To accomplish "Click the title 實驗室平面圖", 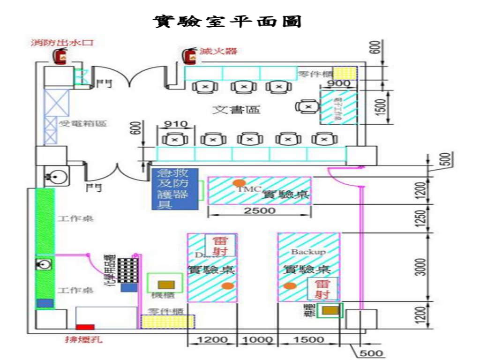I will pyautogui.click(x=227, y=21).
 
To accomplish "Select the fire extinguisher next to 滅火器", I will pyautogui.click(x=190, y=55).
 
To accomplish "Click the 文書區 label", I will pyautogui.click(x=236, y=110).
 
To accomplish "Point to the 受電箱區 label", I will pyautogui.click(x=82, y=124).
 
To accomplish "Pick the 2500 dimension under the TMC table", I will pyautogui.click(x=259, y=210).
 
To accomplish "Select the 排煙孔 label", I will pyautogui.click(x=83, y=339).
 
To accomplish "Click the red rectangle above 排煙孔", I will pyautogui.click(x=85, y=327).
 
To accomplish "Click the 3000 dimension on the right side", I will pyautogui.click(x=423, y=267).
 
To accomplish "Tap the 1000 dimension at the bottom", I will pyautogui.click(x=257, y=339).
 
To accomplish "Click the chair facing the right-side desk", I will pyautogui.click(x=307, y=107).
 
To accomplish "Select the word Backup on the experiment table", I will pyautogui.click(x=308, y=252).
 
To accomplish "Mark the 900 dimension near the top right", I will pyautogui.click(x=338, y=83).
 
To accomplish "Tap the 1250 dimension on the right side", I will pyautogui.click(x=423, y=218).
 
